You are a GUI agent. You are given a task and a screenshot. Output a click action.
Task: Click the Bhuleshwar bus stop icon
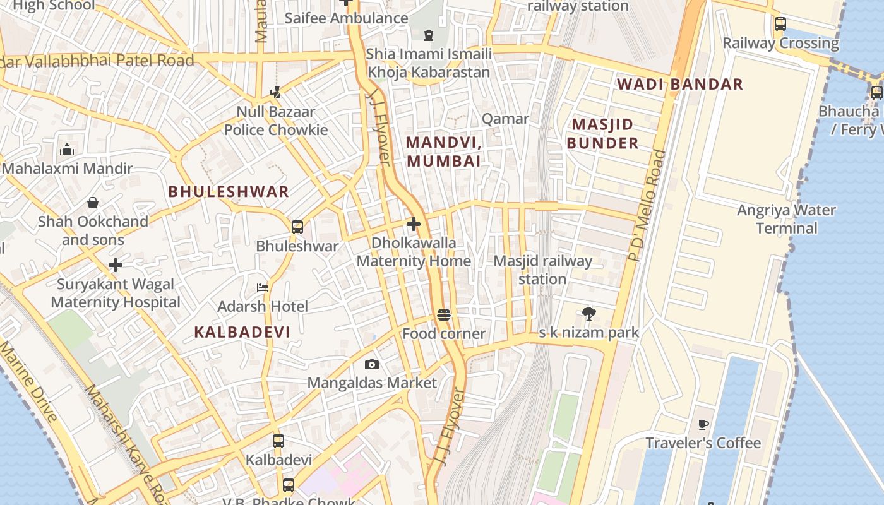[297, 227]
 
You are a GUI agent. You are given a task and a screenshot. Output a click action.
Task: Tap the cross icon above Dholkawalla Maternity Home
[414, 224]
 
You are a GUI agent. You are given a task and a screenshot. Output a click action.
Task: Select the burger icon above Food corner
[444, 315]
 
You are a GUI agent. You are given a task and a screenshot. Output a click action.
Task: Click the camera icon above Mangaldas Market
[372, 364]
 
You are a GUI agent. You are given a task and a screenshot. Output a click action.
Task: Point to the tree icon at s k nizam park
[589, 313]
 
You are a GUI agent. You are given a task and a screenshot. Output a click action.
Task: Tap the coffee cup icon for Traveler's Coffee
[703, 424]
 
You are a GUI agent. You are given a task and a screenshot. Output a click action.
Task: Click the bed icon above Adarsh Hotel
[263, 288]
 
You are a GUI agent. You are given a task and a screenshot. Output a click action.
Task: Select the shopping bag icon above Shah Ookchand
[93, 203]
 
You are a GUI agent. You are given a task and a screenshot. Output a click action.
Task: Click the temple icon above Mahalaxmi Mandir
[67, 150]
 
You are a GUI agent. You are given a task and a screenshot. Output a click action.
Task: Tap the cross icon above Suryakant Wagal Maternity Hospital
[116, 265]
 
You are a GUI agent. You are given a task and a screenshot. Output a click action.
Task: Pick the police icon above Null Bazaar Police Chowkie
[275, 93]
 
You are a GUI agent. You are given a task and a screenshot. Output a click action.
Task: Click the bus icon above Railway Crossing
[780, 24]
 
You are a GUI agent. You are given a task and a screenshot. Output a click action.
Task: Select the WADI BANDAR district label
[679, 84]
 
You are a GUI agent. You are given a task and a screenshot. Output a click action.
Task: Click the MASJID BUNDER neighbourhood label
[602, 134]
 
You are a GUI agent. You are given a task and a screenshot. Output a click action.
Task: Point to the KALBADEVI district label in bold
[242, 332]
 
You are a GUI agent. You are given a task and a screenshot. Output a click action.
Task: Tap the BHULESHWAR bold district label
[229, 192]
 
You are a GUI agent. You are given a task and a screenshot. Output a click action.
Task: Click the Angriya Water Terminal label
[786, 219]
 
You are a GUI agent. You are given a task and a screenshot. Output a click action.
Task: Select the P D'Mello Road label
[647, 205]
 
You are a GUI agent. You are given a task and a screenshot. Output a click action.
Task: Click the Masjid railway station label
[542, 270]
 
